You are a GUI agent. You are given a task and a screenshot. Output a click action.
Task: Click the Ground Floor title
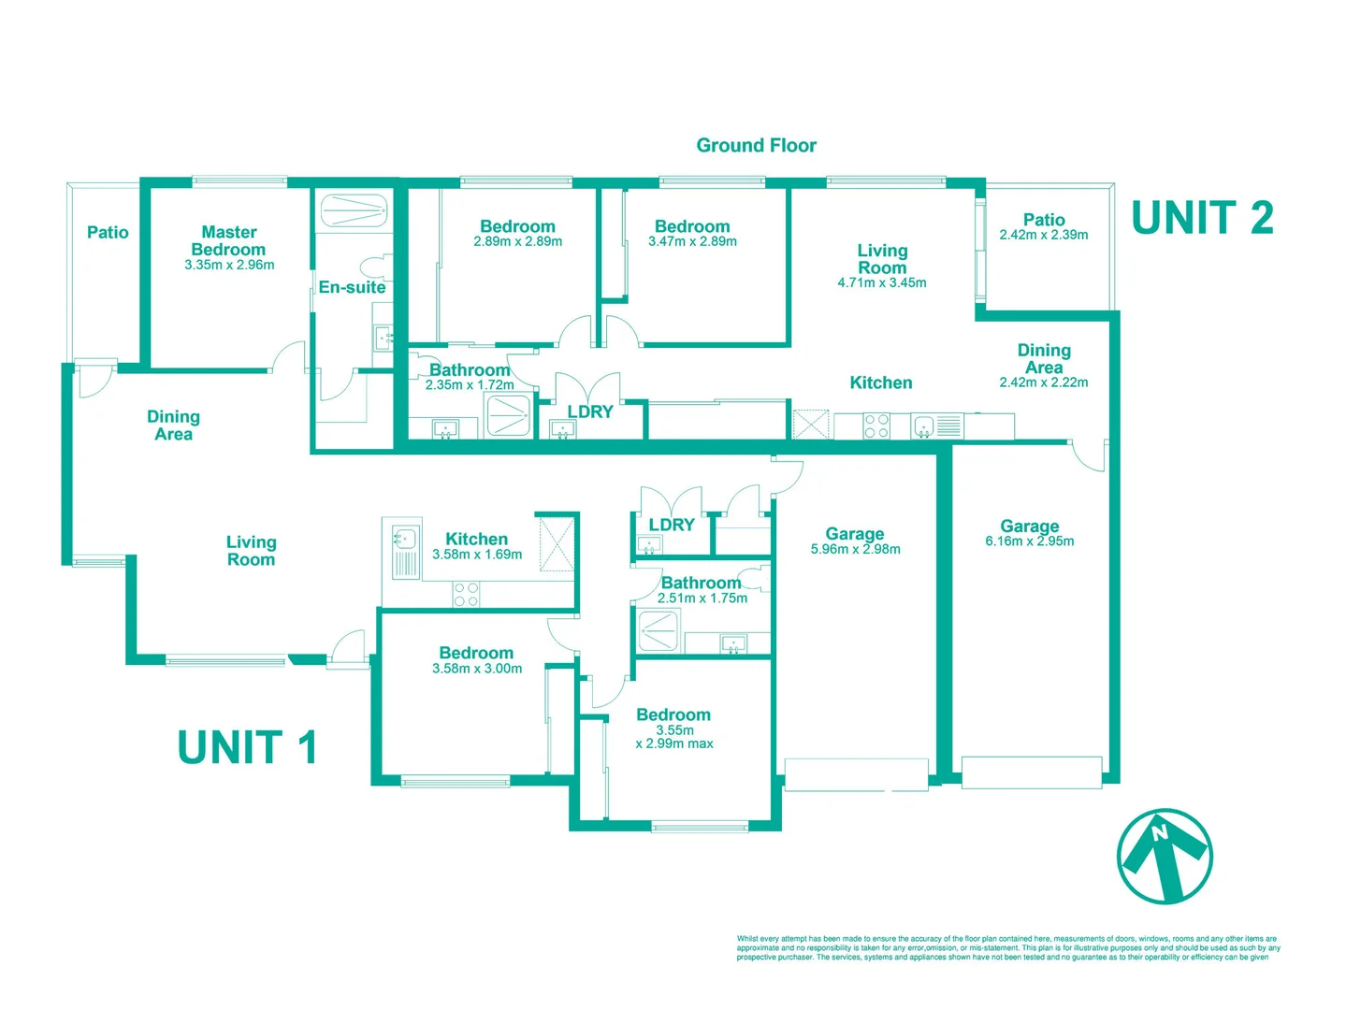point(756,145)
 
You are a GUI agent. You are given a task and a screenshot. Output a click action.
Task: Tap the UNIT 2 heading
point(1202,218)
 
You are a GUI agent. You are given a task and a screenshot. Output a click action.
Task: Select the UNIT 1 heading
point(247,747)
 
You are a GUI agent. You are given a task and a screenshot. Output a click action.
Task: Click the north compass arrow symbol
point(1165,856)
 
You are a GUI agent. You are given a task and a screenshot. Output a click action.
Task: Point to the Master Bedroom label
point(229,241)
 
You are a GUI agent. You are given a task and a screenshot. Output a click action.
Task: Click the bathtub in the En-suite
point(355,210)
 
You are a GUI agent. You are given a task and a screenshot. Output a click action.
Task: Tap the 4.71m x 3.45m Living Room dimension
point(882,282)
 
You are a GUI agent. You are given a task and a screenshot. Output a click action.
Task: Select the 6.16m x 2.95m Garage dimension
point(1030,541)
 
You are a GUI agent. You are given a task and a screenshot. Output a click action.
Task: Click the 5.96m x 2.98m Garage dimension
point(856,549)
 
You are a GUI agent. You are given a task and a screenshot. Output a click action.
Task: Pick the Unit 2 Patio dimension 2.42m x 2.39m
point(1044,235)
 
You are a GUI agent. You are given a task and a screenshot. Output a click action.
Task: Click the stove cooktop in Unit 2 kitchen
point(876,426)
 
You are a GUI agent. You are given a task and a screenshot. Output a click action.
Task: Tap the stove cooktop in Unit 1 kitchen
point(466,594)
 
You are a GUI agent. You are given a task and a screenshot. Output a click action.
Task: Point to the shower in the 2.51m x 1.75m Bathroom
point(658,630)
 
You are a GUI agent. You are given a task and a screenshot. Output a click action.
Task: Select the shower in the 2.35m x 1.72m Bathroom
point(507,415)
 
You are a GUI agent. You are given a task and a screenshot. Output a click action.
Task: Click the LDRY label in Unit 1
point(672,525)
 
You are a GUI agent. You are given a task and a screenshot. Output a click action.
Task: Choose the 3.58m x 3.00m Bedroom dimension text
point(477,669)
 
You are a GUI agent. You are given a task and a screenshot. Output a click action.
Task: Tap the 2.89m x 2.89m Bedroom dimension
point(517,241)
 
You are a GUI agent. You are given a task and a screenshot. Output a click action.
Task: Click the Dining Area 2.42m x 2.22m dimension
point(1044,382)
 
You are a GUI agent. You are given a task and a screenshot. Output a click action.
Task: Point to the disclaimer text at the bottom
point(1008,947)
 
